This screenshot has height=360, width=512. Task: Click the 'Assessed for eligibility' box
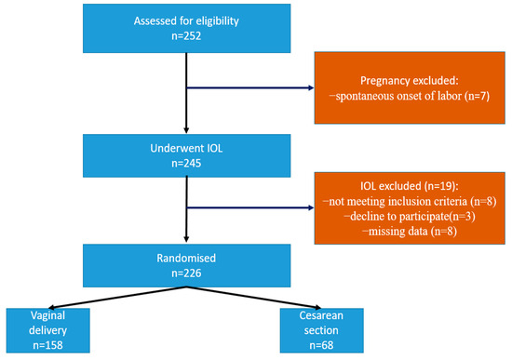(x=189, y=30)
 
